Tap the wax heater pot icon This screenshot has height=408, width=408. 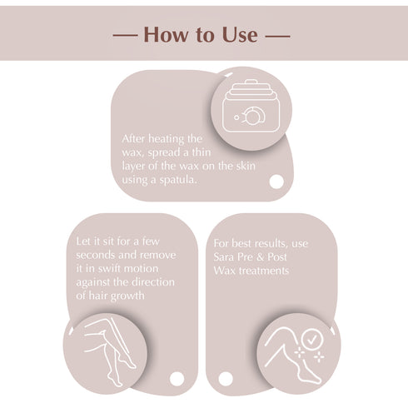248,104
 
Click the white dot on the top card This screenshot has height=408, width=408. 276,181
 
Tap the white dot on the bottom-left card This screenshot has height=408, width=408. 177,378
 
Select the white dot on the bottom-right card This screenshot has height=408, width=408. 225,379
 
